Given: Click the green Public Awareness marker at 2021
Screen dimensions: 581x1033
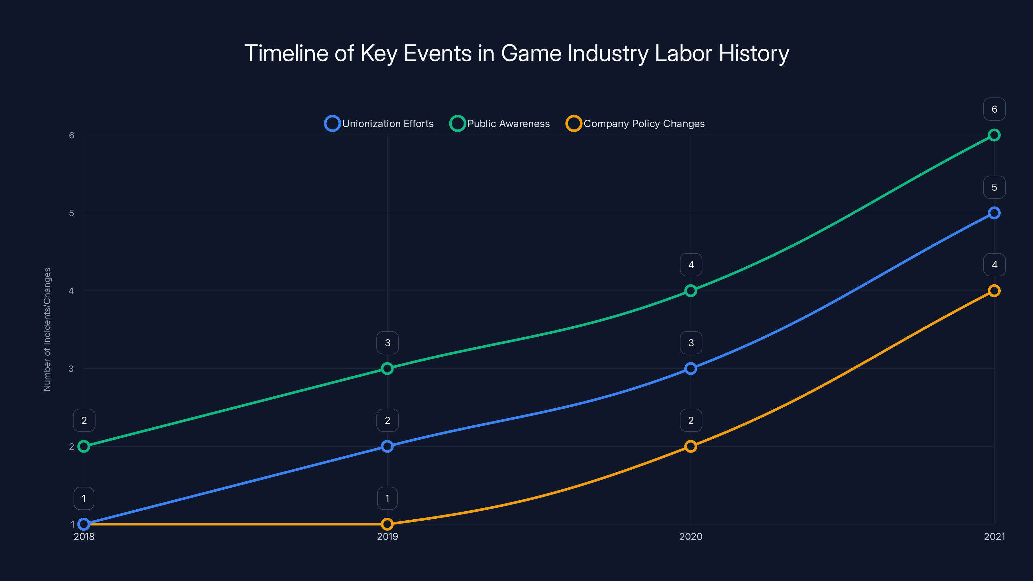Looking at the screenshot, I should tap(994, 135).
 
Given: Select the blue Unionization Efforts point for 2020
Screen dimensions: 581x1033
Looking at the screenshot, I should tap(690, 369).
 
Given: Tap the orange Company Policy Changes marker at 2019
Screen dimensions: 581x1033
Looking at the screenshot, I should tap(387, 524).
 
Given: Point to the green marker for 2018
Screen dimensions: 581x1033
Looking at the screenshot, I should tap(84, 446).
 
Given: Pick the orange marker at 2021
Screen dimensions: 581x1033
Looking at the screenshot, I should tap(994, 291).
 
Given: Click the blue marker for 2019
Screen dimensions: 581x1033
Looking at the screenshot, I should tap(387, 446).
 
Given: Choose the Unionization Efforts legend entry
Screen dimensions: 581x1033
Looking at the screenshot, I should tap(379, 124).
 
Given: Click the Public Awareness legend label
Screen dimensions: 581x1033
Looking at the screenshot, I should tap(508, 124).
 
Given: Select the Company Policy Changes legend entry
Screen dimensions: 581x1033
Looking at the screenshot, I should tap(644, 124).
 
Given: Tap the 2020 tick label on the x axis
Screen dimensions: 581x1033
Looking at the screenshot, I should tap(690, 536).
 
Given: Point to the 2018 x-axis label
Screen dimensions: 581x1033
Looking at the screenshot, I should tap(84, 536).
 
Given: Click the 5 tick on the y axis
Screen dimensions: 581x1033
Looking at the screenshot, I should tap(71, 213).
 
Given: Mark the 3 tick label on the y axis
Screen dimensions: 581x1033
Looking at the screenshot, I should tap(71, 369).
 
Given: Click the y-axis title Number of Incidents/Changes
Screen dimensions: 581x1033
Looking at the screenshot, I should tap(47, 329).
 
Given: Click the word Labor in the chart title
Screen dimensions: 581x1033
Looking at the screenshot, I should tap(683, 53).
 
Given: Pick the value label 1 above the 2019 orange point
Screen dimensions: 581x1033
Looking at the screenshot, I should tap(387, 498).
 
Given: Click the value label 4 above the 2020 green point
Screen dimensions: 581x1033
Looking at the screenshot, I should tap(690, 265).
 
